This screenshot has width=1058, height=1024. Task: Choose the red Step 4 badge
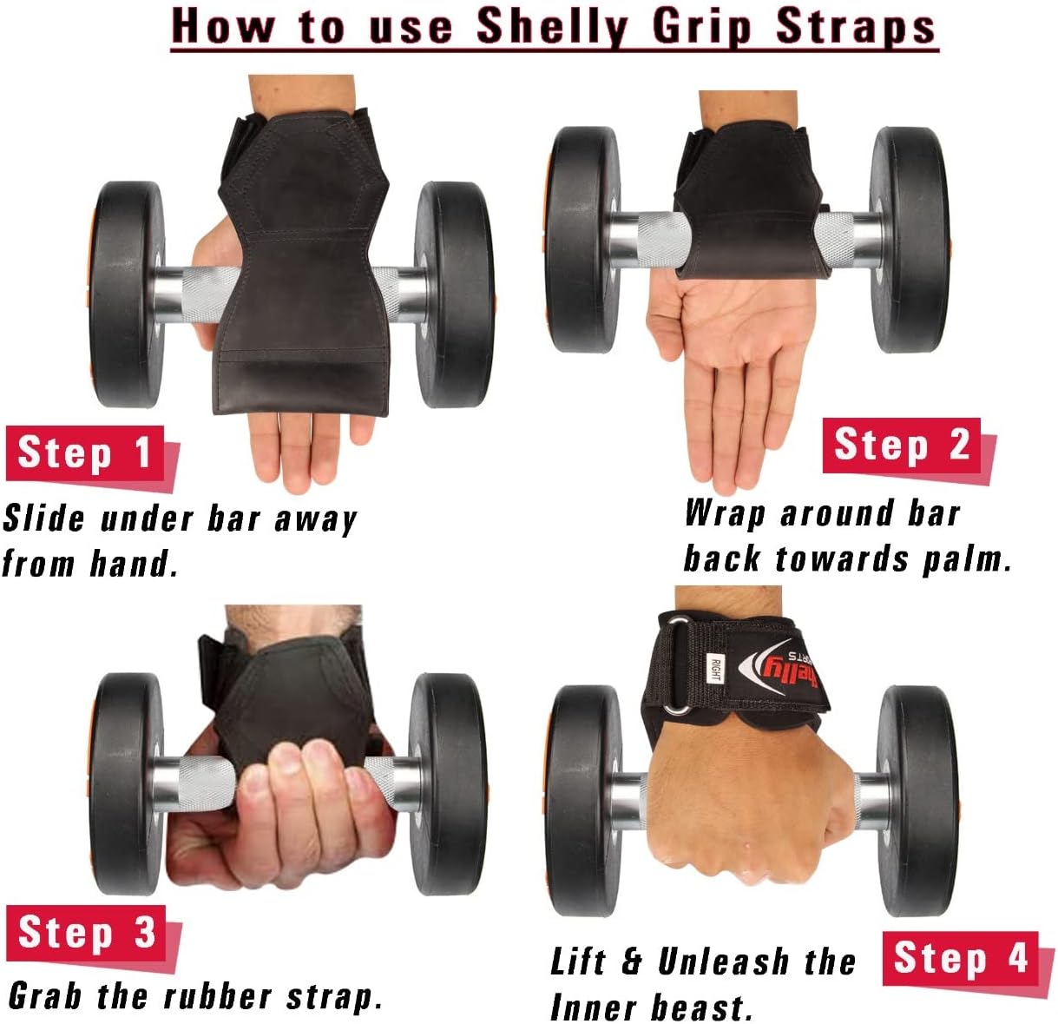tap(960, 958)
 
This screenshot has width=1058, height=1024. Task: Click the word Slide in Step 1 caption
tap(43, 519)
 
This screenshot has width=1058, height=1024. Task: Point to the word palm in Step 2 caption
tap(967, 558)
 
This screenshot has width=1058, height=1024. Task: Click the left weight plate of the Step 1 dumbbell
tap(125, 294)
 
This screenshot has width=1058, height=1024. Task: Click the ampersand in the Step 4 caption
tap(631, 961)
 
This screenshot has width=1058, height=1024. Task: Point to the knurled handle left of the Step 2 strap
tap(664, 240)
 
